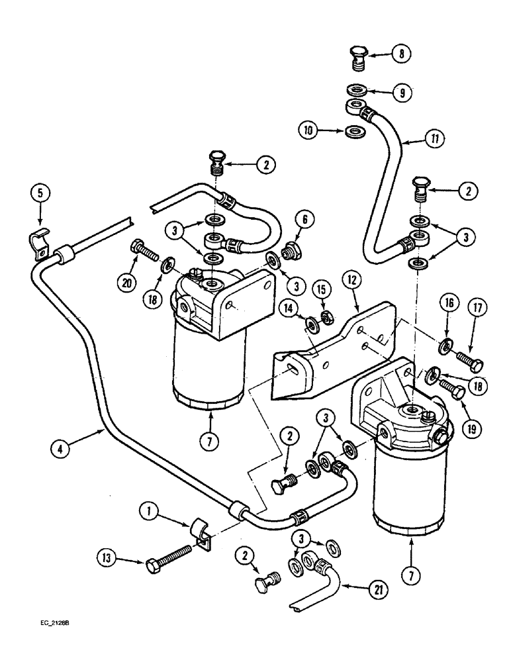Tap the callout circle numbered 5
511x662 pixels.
tap(40, 194)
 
